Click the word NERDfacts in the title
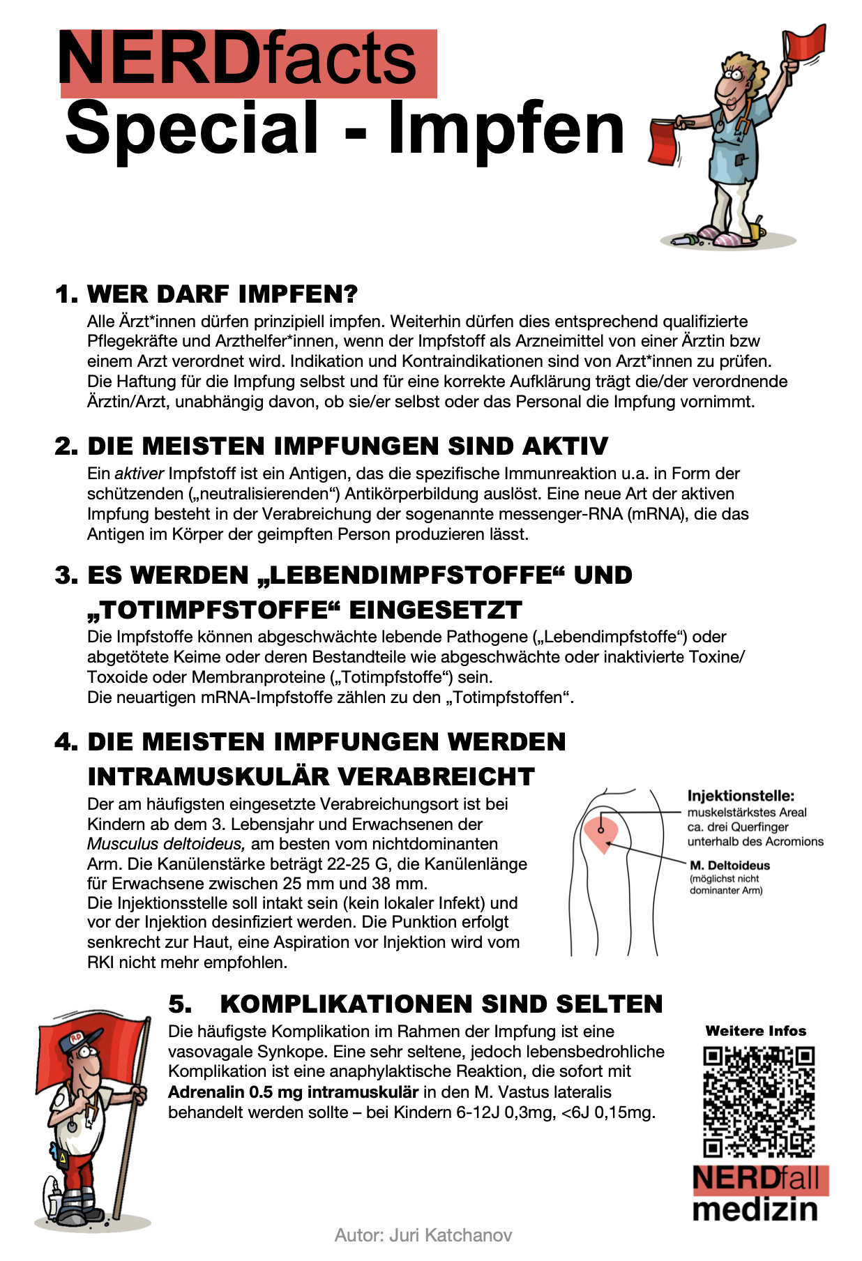(x=237, y=59)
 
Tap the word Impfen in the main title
(x=506, y=129)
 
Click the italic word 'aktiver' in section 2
(x=139, y=474)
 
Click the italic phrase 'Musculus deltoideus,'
(x=166, y=844)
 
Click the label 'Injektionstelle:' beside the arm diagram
(x=741, y=796)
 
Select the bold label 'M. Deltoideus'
(x=729, y=866)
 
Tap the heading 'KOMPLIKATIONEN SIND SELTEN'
(x=441, y=1004)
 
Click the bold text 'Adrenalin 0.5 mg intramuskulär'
(x=293, y=1092)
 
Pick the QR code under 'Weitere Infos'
(x=759, y=1101)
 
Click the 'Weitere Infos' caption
(x=756, y=1031)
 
